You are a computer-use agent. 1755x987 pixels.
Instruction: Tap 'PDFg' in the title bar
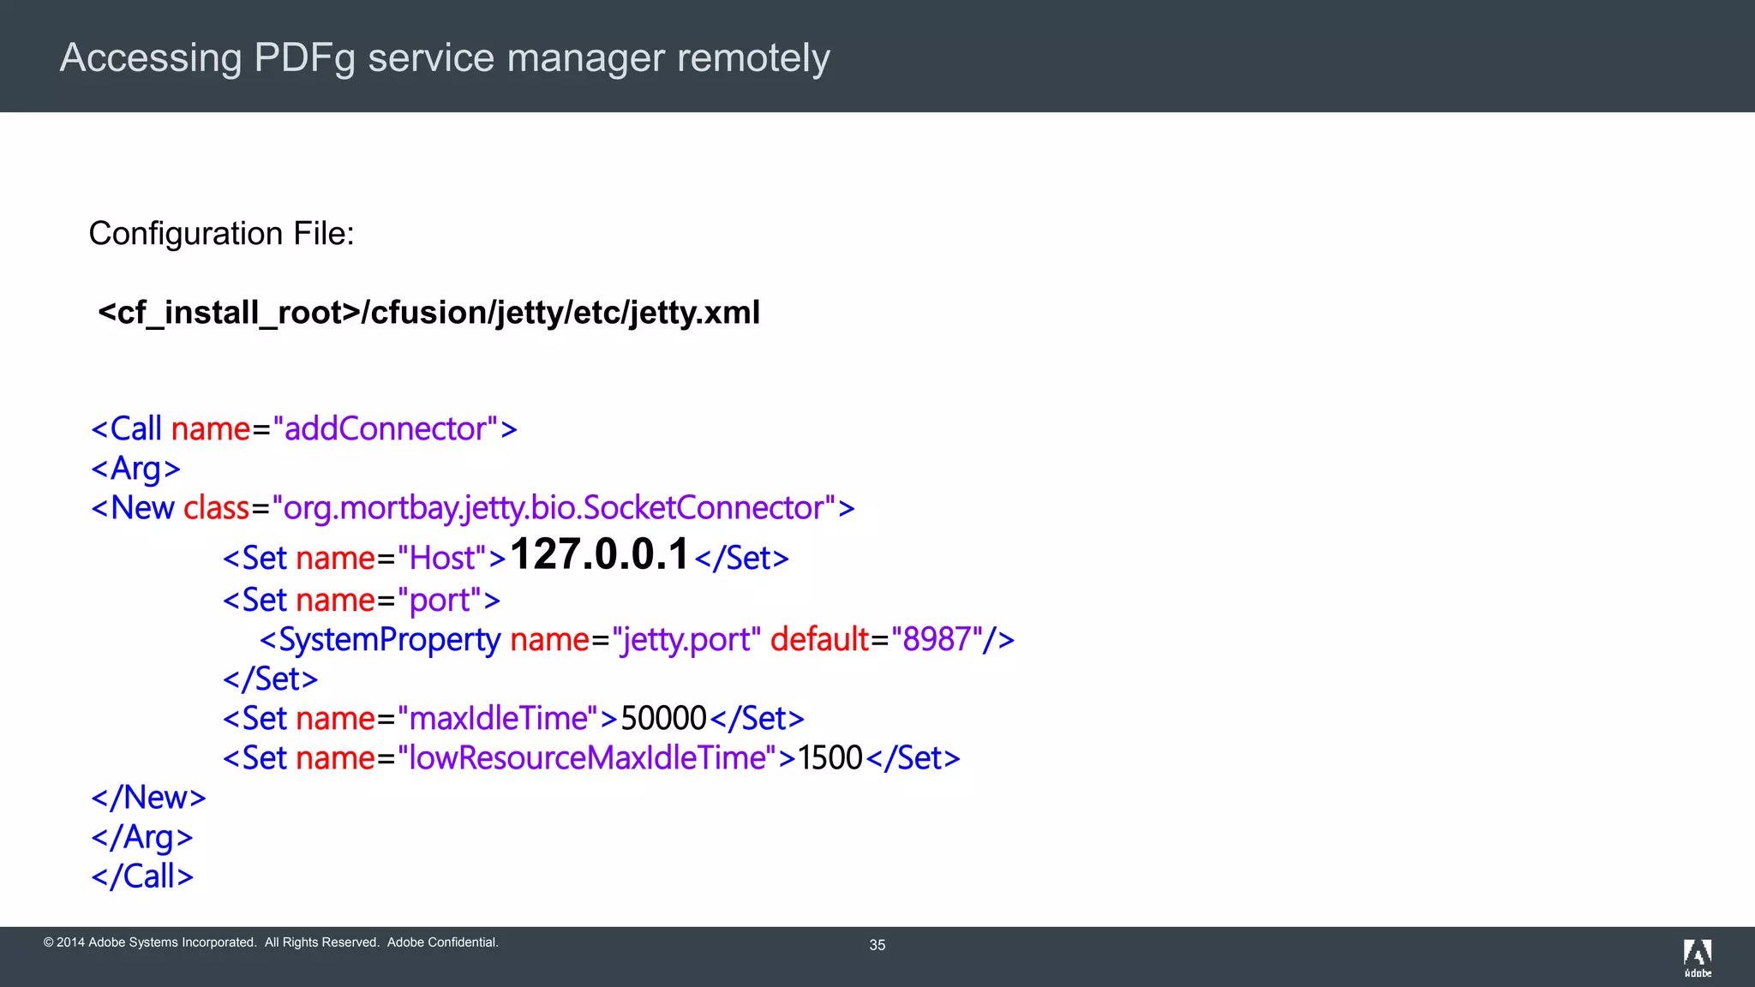[x=304, y=58]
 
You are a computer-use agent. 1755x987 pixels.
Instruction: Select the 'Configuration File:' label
[x=221, y=233]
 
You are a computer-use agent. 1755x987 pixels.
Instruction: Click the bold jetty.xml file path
[x=428, y=313]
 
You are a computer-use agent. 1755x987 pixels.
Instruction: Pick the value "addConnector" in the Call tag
[x=385, y=428]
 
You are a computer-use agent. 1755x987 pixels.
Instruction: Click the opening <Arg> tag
[x=135, y=469]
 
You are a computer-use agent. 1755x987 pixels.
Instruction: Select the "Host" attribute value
[x=442, y=559]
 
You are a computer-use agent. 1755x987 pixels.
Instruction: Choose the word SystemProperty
[x=389, y=640]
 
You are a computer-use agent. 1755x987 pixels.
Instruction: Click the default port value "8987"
[x=936, y=640]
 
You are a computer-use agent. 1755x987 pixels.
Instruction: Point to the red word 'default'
[x=819, y=640]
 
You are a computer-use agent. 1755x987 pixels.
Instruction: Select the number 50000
[x=663, y=719]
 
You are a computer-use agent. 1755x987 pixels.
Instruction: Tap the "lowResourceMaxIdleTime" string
[x=587, y=758]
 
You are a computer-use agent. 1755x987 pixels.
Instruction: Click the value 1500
[x=830, y=758]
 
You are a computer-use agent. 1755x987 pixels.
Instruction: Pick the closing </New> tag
[x=148, y=798]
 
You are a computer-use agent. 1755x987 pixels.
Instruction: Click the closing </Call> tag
[x=142, y=876]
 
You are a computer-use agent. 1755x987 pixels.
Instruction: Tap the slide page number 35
[x=877, y=945]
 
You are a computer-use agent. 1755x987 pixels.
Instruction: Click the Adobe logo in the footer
[x=1697, y=957]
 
